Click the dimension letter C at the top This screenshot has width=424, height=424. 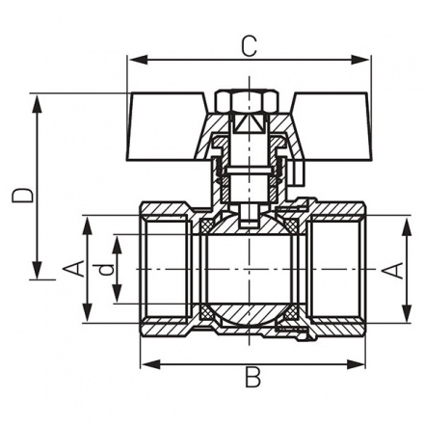point(249,44)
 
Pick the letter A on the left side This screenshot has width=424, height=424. point(71,270)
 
